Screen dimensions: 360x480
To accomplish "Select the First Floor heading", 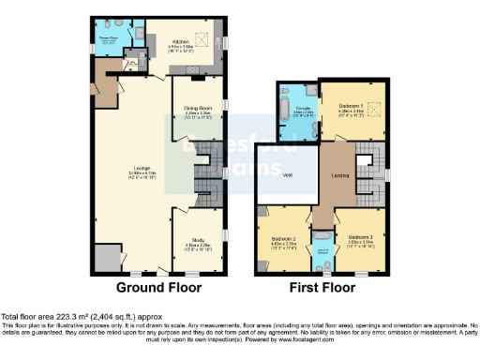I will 322,287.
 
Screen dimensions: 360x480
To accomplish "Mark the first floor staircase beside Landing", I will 368,167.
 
